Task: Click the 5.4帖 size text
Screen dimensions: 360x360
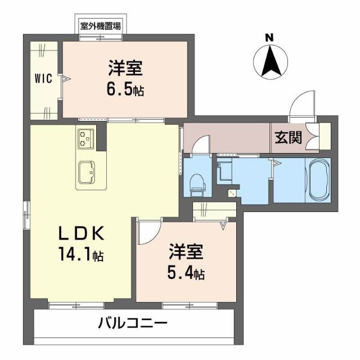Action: pos(186,273)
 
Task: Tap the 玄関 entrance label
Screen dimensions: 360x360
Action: pos(287,138)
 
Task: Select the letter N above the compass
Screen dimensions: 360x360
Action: pos(269,37)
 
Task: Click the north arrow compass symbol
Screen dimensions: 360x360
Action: pos(269,62)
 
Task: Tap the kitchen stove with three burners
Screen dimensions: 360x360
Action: pos(85,138)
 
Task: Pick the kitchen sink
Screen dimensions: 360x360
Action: pos(87,172)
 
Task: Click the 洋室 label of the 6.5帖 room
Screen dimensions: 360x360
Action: pos(126,69)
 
